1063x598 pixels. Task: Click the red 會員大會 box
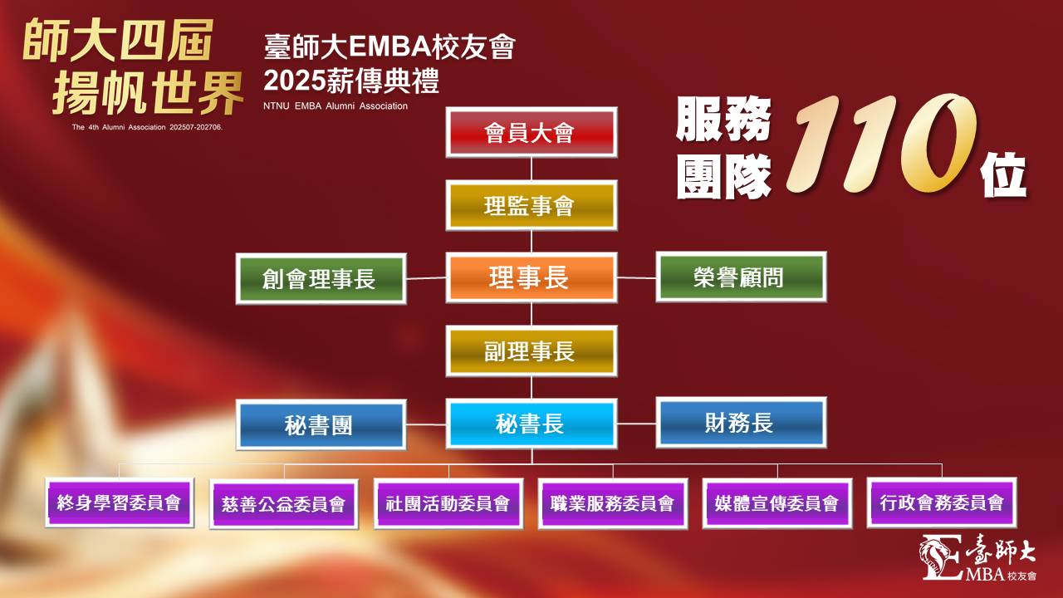click(531, 132)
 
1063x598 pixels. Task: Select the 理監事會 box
click(531, 205)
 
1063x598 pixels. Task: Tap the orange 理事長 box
click(531, 277)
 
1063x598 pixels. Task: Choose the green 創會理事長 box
click(321, 278)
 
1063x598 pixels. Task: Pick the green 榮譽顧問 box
click(742, 277)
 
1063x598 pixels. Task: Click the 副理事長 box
click(531, 351)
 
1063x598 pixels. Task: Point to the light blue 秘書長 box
click(531, 424)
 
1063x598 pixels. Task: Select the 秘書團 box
click(321, 424)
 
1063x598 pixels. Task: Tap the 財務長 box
click(742, 423)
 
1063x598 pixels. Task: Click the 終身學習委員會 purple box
click(120, 502)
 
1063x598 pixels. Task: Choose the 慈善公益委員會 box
click(284, 504)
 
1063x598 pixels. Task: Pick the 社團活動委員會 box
click(448, 503)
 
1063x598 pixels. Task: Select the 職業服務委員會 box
click(613, 503)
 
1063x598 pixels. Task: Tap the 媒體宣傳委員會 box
click(777, 503)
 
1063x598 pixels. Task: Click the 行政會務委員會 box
click(942, 502)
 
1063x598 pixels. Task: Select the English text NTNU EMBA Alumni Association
click(336, 105)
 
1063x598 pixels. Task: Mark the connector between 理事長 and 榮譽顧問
click(636, 277)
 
